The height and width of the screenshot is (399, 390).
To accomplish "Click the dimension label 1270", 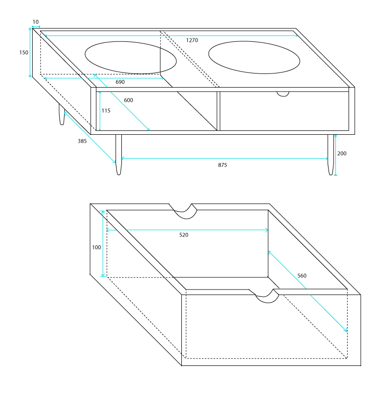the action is click(x=192, y=40).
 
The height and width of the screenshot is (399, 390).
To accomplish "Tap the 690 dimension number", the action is click(x=120, y=82).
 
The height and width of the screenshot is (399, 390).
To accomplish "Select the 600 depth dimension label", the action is click(x=129, y=100).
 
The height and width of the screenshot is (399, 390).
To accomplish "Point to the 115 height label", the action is click(x=106, y=110).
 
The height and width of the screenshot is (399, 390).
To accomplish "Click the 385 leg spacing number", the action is click(x=82, y=141).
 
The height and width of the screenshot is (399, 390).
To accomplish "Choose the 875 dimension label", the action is click(x=222, y=165).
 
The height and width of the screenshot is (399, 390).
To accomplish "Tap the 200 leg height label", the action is click(x=342, y=153).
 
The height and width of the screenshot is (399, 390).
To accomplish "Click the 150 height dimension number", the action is click(x=24, y=53).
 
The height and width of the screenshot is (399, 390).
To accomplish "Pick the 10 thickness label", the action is click(x=36, y=22).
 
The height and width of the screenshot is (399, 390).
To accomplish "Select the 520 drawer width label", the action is click(x=184, y=235).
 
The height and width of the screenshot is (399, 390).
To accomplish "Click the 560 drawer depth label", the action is click(x=302, y=275).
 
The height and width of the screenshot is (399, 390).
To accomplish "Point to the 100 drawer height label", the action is click(x=97, y=247).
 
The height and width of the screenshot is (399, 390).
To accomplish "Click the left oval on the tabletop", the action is click(x=131, y=57).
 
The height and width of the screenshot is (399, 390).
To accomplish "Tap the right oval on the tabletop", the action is click(x=254, y=57).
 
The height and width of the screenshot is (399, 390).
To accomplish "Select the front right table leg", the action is click(x=331, y=155).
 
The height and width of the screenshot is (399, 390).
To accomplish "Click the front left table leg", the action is click(x=118, y=155).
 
